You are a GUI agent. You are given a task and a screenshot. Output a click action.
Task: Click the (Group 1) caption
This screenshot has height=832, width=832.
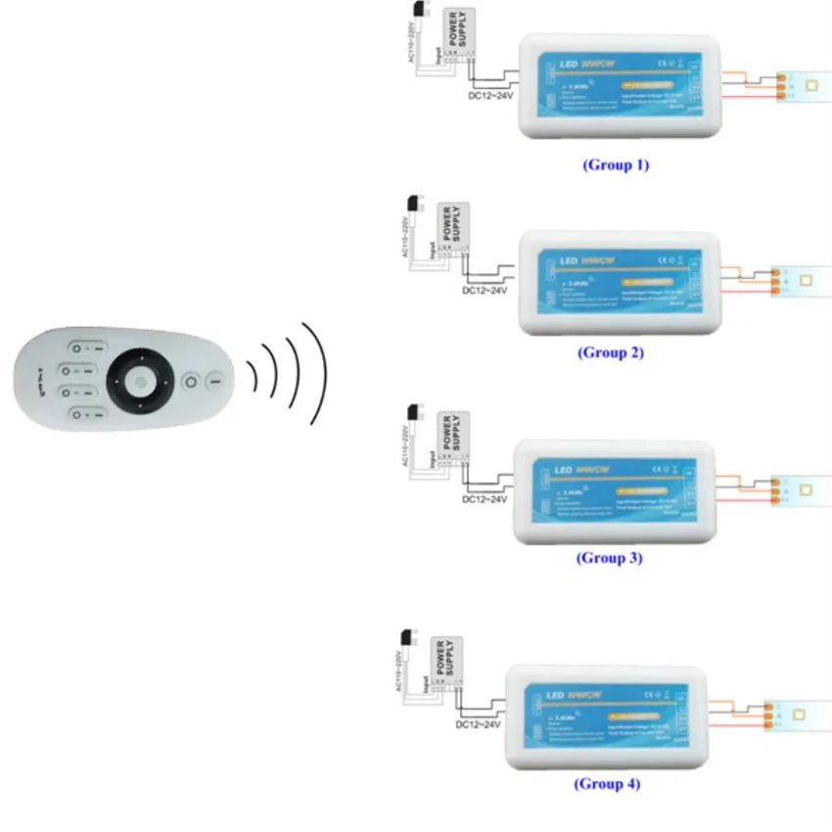pos(616,164)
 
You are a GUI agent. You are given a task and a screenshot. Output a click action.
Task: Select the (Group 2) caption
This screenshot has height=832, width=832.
pos(611,352)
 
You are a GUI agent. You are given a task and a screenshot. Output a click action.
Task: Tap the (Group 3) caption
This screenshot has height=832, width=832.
pos(609,558)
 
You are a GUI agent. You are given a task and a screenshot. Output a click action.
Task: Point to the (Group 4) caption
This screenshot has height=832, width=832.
pos(607,784)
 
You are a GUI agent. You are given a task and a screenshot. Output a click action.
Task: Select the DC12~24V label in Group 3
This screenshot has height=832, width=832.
pos(485,499)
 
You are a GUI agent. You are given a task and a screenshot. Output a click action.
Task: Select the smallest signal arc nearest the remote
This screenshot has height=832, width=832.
pos(252,374)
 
